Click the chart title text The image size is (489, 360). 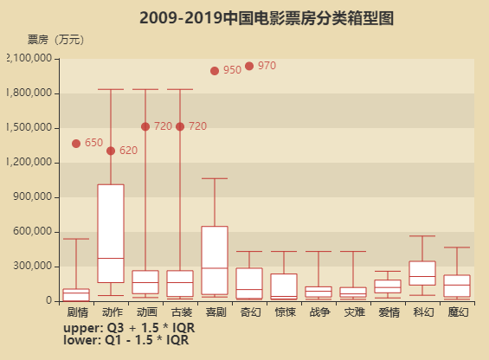pyautogui.click(x=266, y=17)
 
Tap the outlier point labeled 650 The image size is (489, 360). pyautogui.click(x=76, y=144)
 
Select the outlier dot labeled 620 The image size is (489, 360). pyautogui.click(x=111, y=151)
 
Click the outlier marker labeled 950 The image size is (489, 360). pyautogui.click(x=215, y=71)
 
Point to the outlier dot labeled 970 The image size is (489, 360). pyautogui.click(x=249, y=66)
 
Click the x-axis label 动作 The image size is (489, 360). pyautogui.click(x=111, y=312)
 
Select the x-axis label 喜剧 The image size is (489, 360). pyautogui.click(x=215, y=312)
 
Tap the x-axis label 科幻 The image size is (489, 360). pyautogui.click(x=422, y=312)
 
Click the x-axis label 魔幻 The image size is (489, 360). pyautogui.click(x=457, y=312)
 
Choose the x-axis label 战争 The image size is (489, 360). pyautogui.click(x=318, y=312)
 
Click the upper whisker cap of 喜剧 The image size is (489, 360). pyautogui.click(x=215, y=178)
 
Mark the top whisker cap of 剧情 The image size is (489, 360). pyautogui.click(x=76, y=239)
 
